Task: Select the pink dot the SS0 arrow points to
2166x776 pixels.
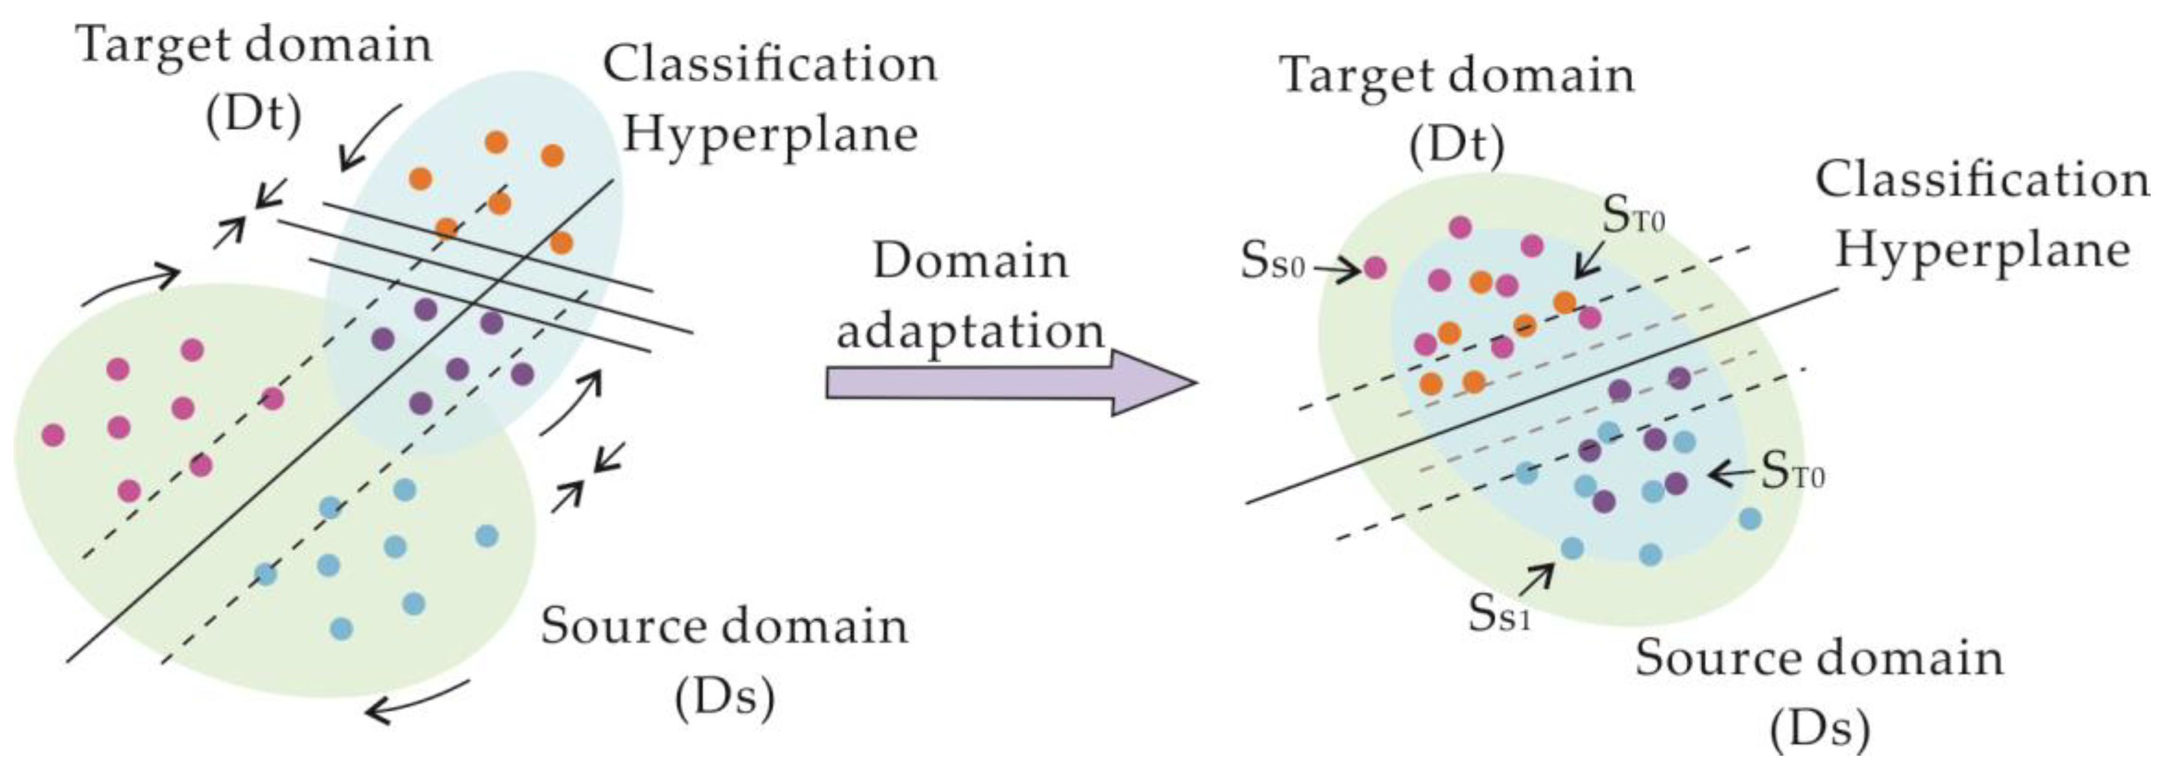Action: pyautogui.click(x=1374, y=268)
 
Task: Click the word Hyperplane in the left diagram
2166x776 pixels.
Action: pyautogui.click(x=769, y=135)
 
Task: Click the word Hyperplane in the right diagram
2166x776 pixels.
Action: pyautogui.click(x=1982, y=250)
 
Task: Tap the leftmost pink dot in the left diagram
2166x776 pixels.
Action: pyautogui.click(x=53, y=435)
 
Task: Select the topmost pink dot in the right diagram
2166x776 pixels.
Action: pyautogui.click(x=1461, y=226)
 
